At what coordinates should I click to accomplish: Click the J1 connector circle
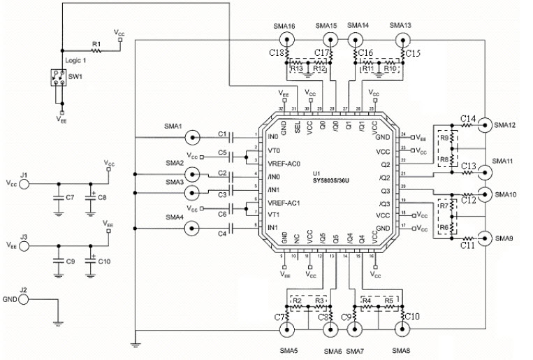[x=24, y=184]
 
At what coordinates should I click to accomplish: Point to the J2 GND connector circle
[x=24, y=298]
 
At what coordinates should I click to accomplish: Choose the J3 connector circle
[x=24, y=245]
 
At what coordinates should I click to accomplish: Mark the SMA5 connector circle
[x=286, y=329]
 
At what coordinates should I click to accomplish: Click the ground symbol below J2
[x=59, y=322]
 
